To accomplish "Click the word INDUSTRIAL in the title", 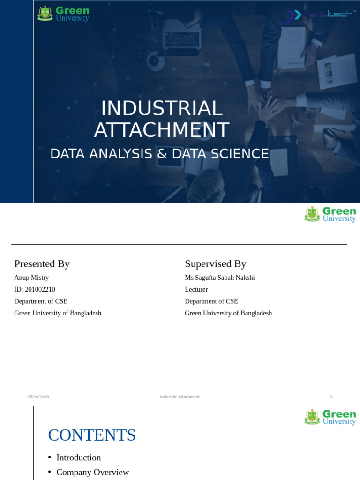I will tap(161, 109).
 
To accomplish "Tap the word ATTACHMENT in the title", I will tap(161, 130).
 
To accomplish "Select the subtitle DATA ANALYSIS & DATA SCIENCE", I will tap(159, 154).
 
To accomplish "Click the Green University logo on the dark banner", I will tap(63, 13).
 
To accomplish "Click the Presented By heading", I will tap(42, 264).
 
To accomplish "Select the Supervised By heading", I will tap(215, 264).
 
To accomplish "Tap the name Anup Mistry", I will tap(31, 277).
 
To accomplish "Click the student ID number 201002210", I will tap(40, 290).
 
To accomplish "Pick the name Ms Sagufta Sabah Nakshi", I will tap(219, 277).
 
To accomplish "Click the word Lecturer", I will tap(196, 290).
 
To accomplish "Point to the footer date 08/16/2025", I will tap(38, 397).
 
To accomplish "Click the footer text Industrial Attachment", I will tap(180, 397).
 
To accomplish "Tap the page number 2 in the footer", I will tap(331, 397).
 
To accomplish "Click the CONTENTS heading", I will tap(92, 435).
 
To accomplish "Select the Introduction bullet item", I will tap(78, 457).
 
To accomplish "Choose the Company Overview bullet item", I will tap(92, 472).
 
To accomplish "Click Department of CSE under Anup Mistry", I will tap(41, 301).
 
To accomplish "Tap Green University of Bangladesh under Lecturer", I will tap(228, 313).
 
